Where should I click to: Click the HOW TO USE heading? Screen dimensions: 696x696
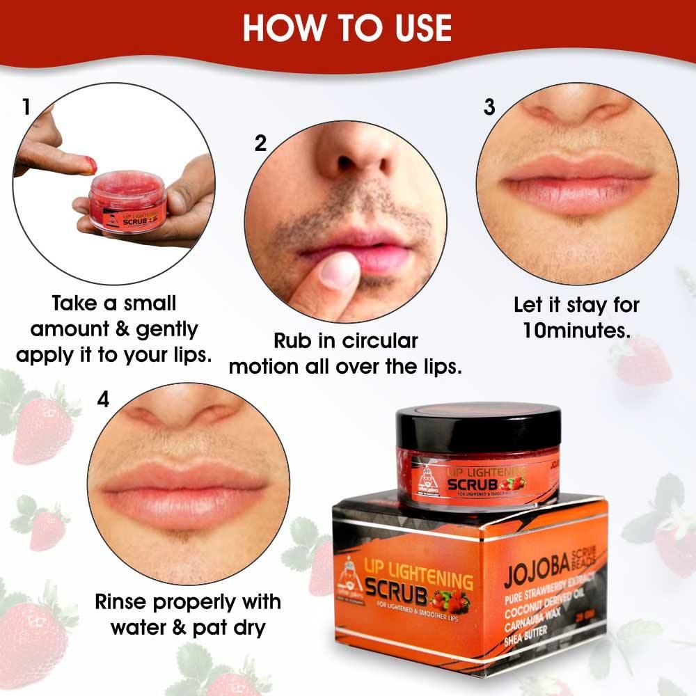[347, 27]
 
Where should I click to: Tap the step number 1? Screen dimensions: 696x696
[26, 108]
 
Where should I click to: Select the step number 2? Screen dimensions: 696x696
[260, 143]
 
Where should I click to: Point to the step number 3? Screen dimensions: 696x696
[489, 106]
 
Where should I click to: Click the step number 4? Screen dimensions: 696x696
[104, 402]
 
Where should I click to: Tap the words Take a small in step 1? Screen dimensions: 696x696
[114, 303]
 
